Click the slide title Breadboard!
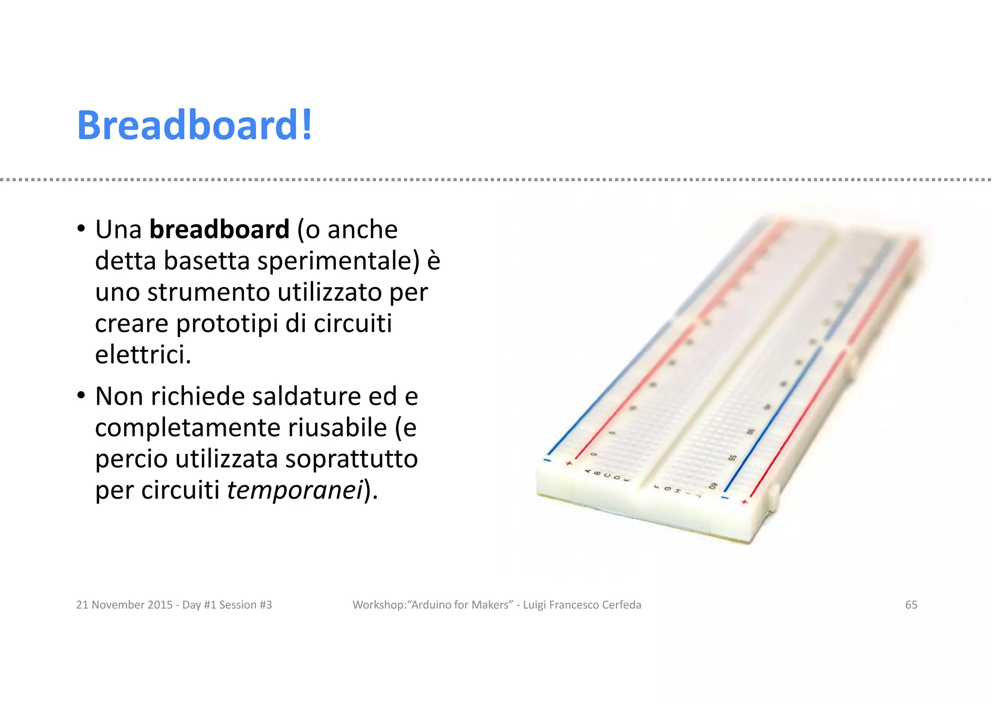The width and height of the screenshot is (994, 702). point(195,125)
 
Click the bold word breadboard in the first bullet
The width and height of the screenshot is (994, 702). point(219,229)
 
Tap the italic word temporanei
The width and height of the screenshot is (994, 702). point(295,490)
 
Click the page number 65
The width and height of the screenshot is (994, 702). point(911,605)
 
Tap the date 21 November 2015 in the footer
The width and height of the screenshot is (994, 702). point(124,605)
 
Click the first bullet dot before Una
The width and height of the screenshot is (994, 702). point(81,229)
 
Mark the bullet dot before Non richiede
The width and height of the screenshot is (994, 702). point(81,395)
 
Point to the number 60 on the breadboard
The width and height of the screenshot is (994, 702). point(713,486)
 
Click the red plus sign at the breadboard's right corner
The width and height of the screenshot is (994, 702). point(745,502)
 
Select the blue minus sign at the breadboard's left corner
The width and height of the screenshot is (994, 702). point(547,459)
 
